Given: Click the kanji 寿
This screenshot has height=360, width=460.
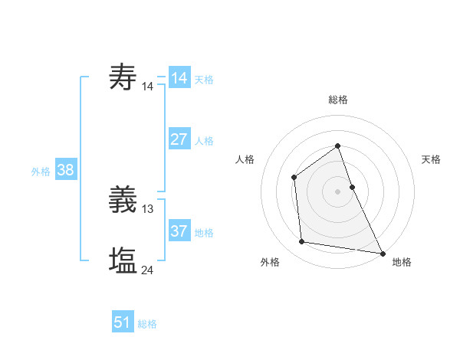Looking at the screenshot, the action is pyautogui.click(x=123, y=77).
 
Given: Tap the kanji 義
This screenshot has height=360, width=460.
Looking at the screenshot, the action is pyautogui.click(x=123, y=201).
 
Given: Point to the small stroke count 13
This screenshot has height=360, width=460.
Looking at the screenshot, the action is pyautogui.click(x=148, y=208).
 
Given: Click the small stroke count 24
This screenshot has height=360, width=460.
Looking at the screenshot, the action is pyautogui.click(x=148, y=270).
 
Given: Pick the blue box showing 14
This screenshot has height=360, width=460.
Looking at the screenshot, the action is pyautogui.click(x=179, y=78).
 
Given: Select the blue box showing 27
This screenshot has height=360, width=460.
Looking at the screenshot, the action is pyautogui.click(x=179, y=139).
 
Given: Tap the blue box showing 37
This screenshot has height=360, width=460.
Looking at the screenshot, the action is pyautogui.click(x=179, y=231).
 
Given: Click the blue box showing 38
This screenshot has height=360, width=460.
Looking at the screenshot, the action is pyautogui.click(x=65, y=170).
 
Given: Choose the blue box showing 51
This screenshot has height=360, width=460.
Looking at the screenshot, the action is pyautogui.click(x=123, y=322).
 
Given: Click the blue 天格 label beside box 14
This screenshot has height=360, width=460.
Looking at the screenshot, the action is pyautogui.click(x=204, y=79).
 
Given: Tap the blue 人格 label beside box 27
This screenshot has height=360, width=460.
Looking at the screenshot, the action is pyautogui.click(x=204, y=140).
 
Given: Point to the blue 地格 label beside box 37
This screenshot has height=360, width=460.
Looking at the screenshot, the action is pyautogui.click(x=204, y=232).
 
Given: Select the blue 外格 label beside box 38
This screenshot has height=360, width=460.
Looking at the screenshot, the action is pyautogui.click(x=41, y=172).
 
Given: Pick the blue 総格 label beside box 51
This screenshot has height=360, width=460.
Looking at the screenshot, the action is pyautogui.click(x=147, y=324).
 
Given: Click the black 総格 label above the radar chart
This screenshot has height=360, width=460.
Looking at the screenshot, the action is pyautogui.click(x=338, y=100).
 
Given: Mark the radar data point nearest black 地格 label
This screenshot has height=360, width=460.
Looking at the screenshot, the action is pyautogui.click(x=382, y=254).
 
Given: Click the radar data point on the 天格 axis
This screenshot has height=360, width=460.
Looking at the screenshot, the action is pyautogui.click(x=352, y=187).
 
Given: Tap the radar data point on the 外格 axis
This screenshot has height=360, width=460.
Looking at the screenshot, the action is pyautogui.click(x=302, y=242).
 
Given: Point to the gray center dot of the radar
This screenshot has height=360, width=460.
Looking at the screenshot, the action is pyautogui.click(x=338, y=191).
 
